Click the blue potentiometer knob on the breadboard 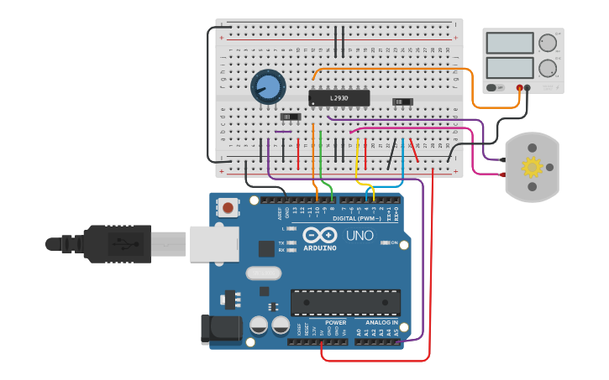(x=268, y=86)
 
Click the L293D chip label (x=339, y=98)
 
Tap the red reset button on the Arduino (x=227, y=206)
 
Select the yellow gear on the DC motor (x=532, y=167)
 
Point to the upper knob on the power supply (x=548, y=43)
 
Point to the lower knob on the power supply (x=548, y=67)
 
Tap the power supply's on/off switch (x=495, y=87)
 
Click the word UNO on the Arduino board (x=360, y=236)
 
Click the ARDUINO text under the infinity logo (x=320, y=248)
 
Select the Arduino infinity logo (x=320, y=236)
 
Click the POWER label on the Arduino (x=335, y=322)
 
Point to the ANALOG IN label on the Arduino (x=381, y=322)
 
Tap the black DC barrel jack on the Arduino (x=218, y=329)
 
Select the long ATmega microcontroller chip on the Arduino (x=345, y=303)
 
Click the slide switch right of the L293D (x=402, y=102)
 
